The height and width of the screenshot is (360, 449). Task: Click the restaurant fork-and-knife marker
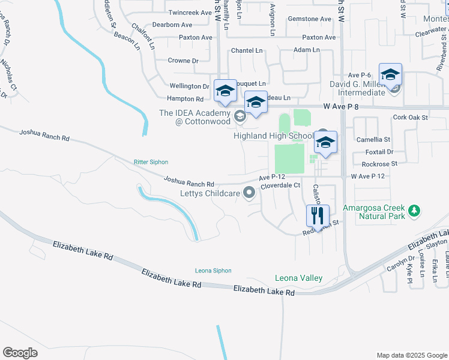click(317, 215)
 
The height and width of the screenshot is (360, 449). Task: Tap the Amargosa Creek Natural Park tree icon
click(413, 211)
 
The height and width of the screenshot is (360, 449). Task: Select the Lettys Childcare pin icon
click(249, 193)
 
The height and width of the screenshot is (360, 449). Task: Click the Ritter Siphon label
click(151, 162)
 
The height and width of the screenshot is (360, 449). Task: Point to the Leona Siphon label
click(213, 271)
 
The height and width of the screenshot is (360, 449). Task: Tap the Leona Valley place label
click(299, 278)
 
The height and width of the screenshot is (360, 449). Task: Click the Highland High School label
click(273, 136)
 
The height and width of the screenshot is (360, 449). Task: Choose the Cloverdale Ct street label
click(280, 185)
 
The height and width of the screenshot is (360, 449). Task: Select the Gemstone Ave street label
click(310, 19)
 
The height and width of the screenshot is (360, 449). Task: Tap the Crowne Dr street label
click(183, 61)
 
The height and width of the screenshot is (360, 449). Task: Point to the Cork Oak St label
click(410, 118)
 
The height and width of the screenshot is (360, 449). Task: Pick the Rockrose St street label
click(379, 164)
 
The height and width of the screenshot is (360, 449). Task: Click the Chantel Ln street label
click(247, 50)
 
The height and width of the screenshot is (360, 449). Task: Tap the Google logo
click(20, 353)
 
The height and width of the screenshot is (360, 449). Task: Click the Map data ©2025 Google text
click(411, 355)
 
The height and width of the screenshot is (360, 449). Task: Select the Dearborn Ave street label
click(172, 25)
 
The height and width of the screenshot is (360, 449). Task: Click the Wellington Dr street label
click(189, 86)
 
